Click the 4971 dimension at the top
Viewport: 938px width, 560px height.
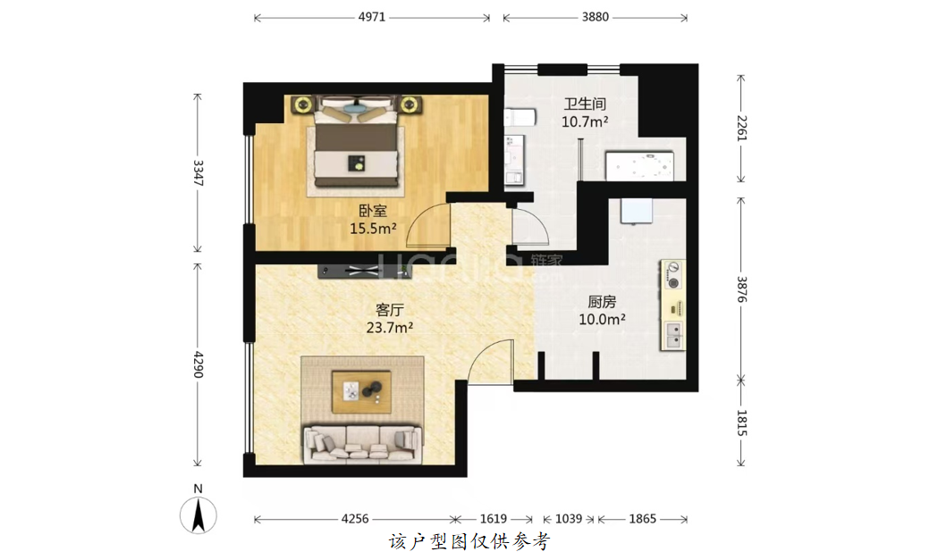click(x=371, y=17)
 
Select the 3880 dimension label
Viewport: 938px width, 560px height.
click(x=596, y=17)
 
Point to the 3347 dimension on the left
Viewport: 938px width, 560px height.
click(x=198, y=172)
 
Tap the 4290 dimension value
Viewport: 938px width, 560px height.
click(x=198, y=364)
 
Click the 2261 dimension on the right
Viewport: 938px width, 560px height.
click(x=741, y=128)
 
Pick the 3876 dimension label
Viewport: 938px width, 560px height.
click(x=741, y=288)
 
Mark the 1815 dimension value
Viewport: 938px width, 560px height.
click(x=741, y=422)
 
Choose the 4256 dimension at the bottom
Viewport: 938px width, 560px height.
click(x=355, y=519)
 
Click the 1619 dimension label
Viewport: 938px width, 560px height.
click(x=494, y=519)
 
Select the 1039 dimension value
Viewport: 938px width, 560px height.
click(x=569, y=519)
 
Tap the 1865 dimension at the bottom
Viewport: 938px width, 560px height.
click(x=643, y=519)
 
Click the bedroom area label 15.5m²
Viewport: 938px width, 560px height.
click(x=373, y=229)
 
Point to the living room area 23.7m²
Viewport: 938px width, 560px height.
click(x=390, y=328)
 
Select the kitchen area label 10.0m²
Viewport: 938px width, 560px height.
click(x=602, y=320)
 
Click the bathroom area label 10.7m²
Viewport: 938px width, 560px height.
click(x=585, y=122)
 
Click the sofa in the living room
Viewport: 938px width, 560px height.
click(x=363, y=445)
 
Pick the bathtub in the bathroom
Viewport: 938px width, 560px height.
click(x=639, y=166)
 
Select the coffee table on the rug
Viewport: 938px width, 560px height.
click(x=361, y=392)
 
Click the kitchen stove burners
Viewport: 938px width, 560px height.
click(x=673, y=275)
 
